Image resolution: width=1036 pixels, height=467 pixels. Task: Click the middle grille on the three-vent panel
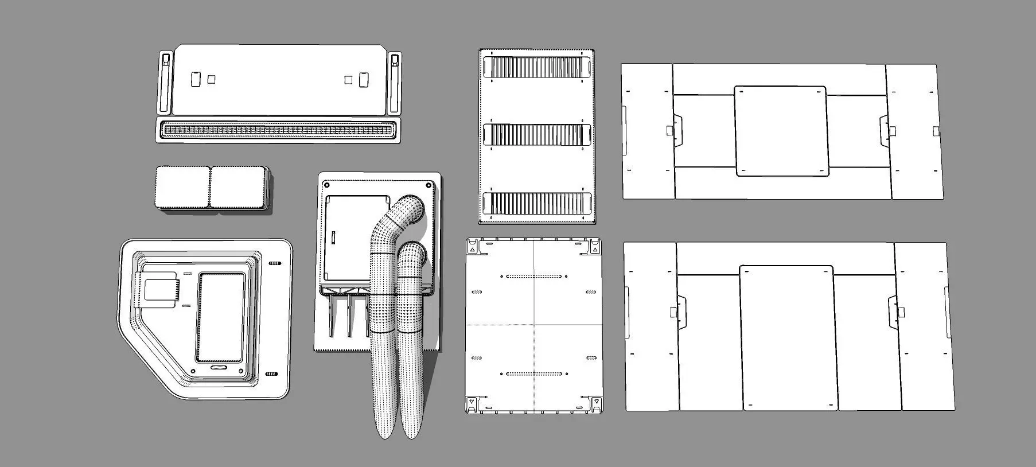(x=537, y=135)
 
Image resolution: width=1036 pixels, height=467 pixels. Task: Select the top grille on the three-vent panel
(x=537, y=67)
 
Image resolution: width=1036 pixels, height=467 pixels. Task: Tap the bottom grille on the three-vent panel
(x=537, y=203)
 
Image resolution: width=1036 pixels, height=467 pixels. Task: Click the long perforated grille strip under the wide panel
(x=279, y=130)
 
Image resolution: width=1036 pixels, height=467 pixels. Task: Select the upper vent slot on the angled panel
(x=275, y=264)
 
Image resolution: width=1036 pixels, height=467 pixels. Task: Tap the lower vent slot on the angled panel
(x=272, y=374)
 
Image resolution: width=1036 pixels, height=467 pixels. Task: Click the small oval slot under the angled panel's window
(x=219, y=367)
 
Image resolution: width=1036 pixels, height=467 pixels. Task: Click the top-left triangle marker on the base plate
(x=472, y=248)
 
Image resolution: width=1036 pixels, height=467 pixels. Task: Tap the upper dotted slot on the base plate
(x=533, y=277)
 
